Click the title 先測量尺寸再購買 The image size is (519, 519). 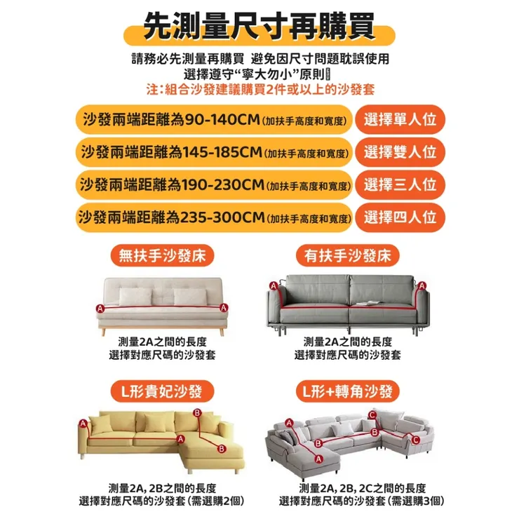(x=259, y=29)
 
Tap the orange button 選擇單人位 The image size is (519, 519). (x=400, y=119)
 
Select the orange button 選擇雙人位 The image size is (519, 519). (x=400, y=151)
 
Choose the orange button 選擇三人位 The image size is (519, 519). (x=400, y=185)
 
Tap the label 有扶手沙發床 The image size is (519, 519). (x=349, y=255)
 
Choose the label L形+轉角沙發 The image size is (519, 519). (x=349, y=391)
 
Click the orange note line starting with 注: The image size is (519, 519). (x=260, y=90)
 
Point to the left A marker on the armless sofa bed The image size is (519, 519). (x=100, y=309)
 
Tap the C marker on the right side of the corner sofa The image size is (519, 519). (x=416, y=440)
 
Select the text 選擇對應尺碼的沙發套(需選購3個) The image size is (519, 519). (x=362, y=501)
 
